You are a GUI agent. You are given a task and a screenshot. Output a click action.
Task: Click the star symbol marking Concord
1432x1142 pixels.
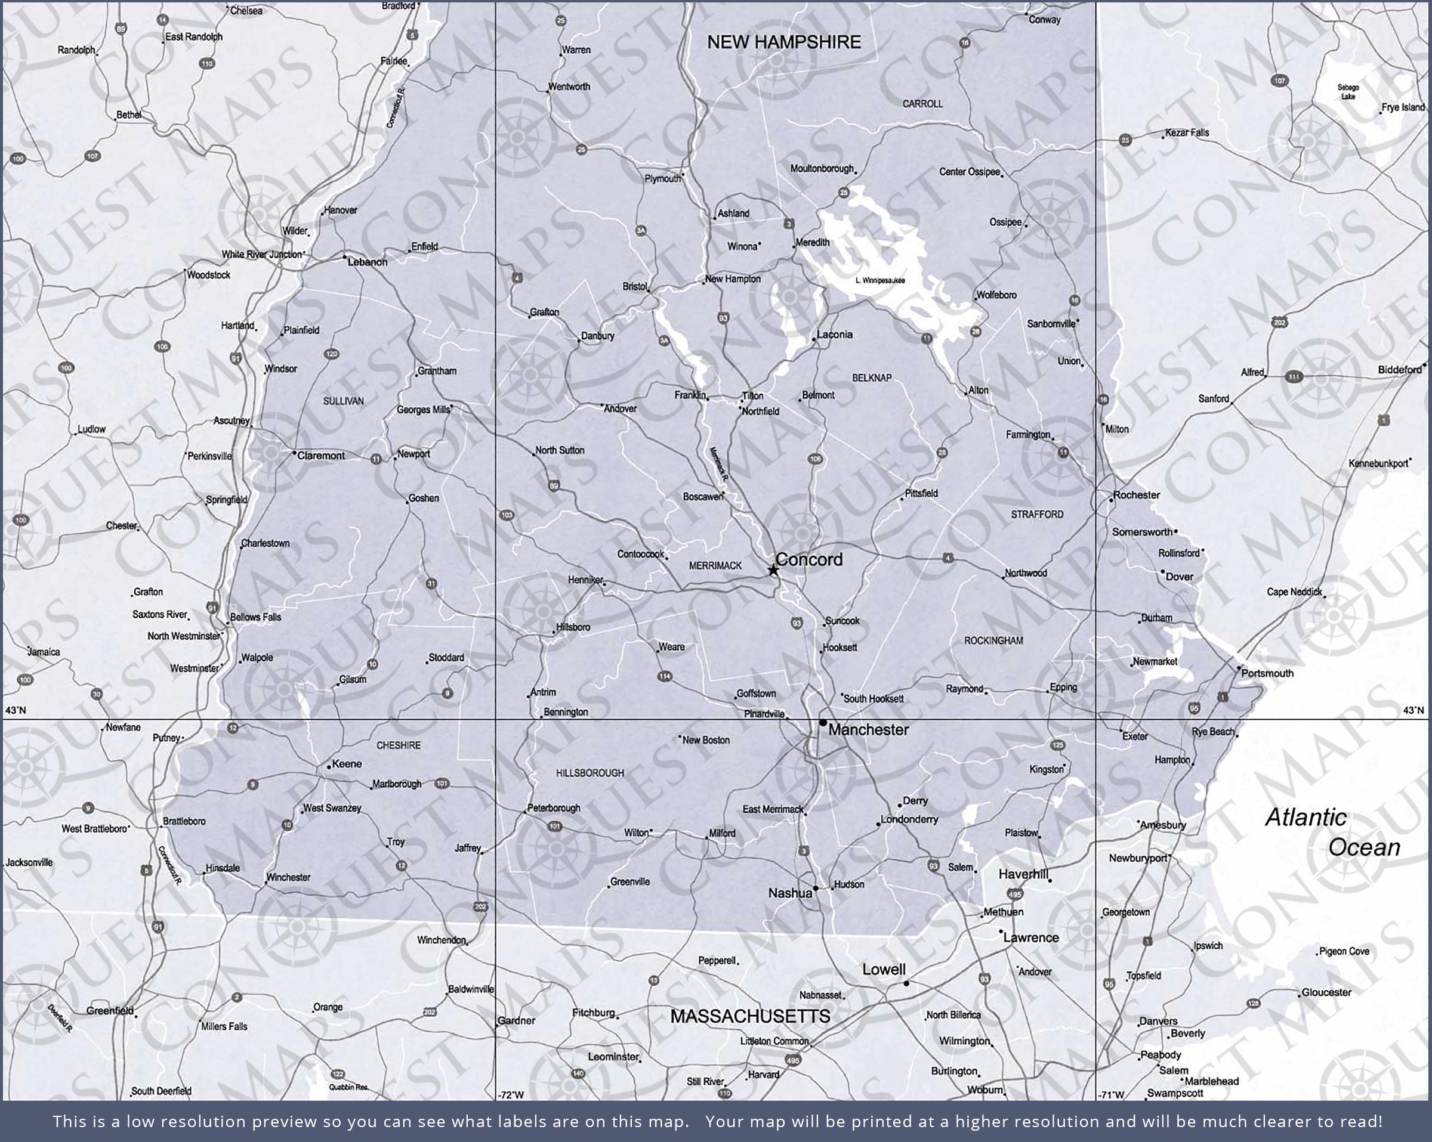coord(773,570)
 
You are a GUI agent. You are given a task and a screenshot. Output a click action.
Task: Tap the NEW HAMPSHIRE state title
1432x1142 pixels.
coord(784,42)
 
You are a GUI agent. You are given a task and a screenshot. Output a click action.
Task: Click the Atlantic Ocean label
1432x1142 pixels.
coord(1331,832)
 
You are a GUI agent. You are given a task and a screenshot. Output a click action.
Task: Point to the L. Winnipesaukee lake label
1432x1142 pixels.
coord(880,280)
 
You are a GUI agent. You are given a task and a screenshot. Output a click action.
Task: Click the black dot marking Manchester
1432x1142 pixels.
coord(823,722)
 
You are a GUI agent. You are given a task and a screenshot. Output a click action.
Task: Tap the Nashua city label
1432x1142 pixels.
coord(790,893)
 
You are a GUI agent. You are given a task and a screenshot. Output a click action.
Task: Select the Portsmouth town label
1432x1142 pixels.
coord(1267,673)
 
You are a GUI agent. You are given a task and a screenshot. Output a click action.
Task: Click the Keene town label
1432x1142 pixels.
coord(347,764)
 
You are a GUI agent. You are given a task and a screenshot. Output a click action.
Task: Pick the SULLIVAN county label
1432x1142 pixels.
coord(344,401)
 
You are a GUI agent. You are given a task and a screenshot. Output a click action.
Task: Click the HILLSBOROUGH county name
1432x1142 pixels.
coord(590,773)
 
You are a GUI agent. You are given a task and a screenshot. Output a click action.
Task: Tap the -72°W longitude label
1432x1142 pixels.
coord(511,1095)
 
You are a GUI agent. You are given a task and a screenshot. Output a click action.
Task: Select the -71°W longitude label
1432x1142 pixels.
coord(1111,1095)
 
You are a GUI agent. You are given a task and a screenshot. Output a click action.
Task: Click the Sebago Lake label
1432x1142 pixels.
coord(1348,92)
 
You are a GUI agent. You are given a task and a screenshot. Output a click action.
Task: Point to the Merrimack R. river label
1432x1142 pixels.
coord(718,463)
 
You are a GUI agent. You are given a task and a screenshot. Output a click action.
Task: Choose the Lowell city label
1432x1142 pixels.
coord(884,970)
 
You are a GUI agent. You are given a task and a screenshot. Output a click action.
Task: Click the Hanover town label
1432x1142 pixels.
coord(340,211)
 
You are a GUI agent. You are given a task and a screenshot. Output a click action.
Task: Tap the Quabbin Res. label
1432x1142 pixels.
coord(348,1088)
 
